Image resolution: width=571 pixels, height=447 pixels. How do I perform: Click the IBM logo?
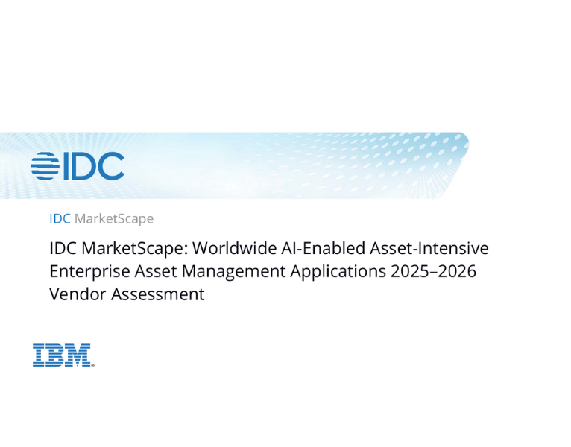click(x=63, y=355)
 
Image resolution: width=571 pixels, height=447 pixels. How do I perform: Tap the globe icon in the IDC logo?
click(x=44, y=166)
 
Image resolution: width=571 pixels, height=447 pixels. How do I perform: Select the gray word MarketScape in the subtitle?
click(x=114, y=218)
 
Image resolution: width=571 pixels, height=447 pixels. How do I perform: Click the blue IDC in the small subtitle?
click(x=60, y=218)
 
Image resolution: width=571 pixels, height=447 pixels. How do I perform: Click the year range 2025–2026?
click(x=433, y=271)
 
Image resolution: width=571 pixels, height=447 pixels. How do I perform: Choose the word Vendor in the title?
click(x=78, y=294)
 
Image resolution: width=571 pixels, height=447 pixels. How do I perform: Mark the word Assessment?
click(x=157, y=294)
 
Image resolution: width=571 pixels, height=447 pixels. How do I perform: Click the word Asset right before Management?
click(x=148, y=271)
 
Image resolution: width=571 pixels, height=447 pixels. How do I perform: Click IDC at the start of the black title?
click(x=63, y=248)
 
